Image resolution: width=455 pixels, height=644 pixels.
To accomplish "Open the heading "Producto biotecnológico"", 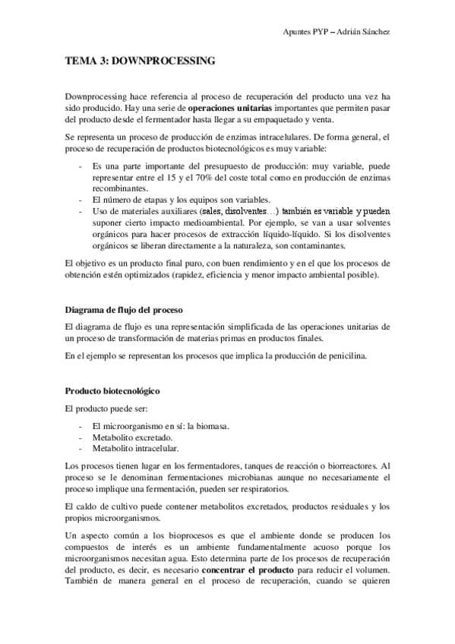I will (112, 392).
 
